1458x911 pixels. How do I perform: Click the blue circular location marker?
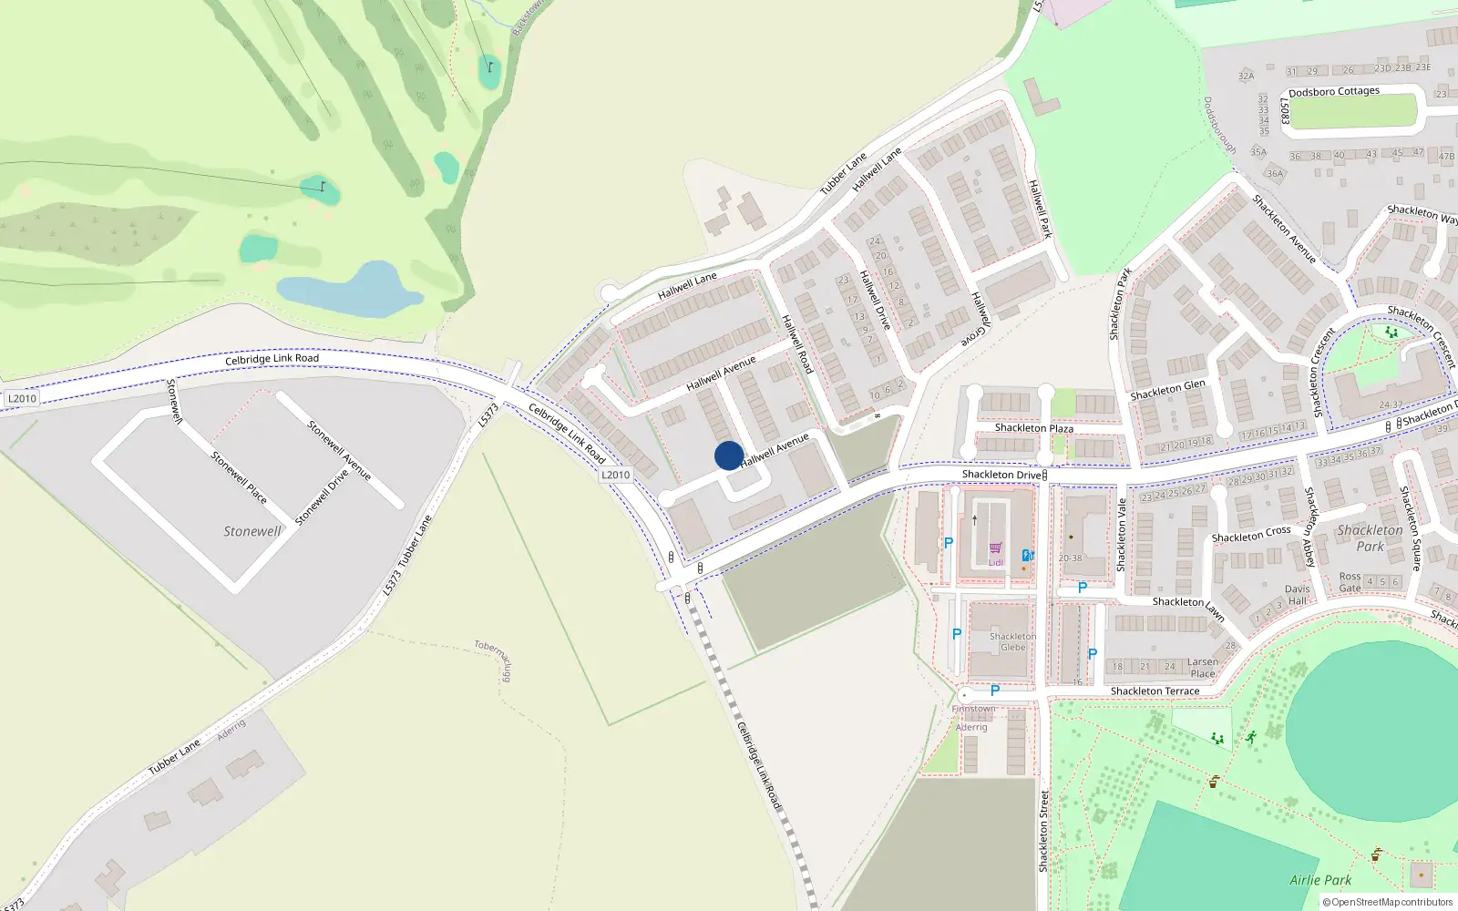coord(729,455)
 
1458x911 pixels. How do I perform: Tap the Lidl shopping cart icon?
coord(995,548)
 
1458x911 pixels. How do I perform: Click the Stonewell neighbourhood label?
coord(252,531)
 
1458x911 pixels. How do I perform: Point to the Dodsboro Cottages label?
coord(1334,92)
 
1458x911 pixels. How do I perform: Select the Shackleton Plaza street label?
coord(1034,428)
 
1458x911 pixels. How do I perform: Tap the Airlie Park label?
coord(1320,880)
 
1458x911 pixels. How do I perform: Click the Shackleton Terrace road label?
coord(1155,691)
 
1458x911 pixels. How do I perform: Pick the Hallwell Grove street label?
coord(976,319)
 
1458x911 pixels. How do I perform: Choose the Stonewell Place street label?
coord(239,477)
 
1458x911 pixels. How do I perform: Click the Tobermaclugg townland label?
coord(495,660)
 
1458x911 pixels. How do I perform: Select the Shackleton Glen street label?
coord(1167,390)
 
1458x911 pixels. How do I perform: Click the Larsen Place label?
coord(1203,668)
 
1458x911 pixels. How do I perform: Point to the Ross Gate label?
coord(1350,582)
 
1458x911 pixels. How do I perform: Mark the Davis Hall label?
coord(1298,595)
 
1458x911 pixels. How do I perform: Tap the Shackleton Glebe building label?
coord(1013,642)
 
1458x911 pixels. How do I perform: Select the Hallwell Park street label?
coord(1040,209)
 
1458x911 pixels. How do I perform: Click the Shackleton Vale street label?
coord(1122,535)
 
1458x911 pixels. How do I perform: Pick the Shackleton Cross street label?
coord(1251,535)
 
